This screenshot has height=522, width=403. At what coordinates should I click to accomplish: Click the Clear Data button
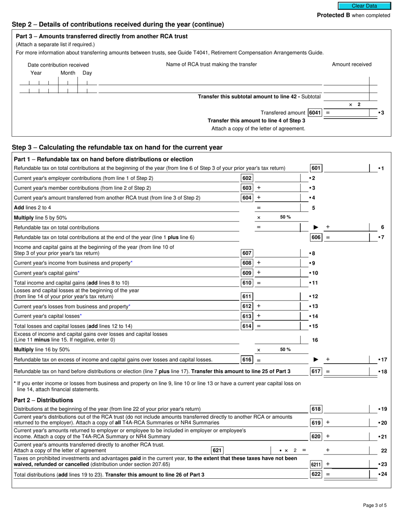(364, 6)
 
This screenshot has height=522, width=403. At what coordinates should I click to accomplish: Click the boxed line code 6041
(315, 113)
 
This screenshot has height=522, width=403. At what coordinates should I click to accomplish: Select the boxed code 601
(316, 168)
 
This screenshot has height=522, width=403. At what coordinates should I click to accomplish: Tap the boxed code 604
(247, 198)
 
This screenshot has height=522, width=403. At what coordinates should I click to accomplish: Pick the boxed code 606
(316, 237)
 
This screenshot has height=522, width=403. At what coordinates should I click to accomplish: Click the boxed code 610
(247, 283)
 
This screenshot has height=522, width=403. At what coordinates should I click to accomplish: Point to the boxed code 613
(247, 316)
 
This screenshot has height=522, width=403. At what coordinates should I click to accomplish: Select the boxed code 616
(247, 360)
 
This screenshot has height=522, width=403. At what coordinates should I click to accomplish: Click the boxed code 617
(316, 372)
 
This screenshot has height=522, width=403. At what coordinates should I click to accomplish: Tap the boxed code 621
(217, 450)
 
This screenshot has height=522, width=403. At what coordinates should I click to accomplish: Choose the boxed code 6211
(316, 465)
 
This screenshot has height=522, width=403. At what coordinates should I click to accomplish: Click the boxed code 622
(316, 474)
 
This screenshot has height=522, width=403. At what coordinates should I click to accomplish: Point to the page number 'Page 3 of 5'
(375, 505)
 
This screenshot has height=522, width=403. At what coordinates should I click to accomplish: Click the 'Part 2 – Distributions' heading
(43, 400)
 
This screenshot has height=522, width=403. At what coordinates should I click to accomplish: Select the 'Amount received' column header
(351, 65)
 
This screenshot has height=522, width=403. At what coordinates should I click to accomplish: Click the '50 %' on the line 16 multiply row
(285, 350)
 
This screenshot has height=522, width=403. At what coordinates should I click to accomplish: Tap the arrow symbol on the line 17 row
(315, 360)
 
